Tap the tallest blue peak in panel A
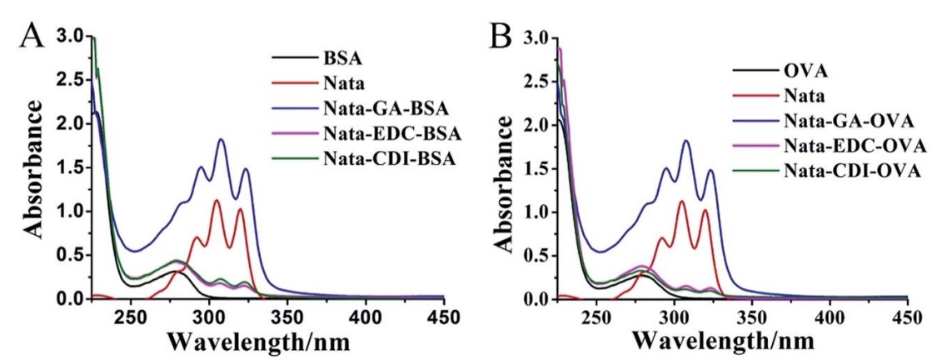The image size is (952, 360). [222, 140]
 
